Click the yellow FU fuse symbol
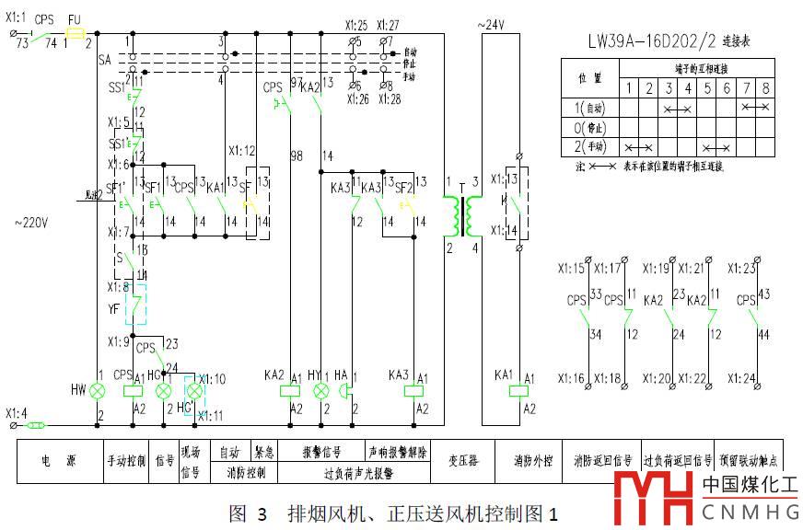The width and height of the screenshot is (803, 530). (x=76, y=31)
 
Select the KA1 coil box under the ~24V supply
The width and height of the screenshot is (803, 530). (x=518, y=391)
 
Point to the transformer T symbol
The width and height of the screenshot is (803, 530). (x=463, y=213)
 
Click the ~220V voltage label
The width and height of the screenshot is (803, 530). (x=32, y=223)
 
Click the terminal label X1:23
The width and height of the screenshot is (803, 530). (x=741, y=269)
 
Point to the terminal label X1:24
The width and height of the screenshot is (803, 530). (x=741, y=378)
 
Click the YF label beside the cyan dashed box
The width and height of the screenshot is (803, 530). (x=114, y=310)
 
